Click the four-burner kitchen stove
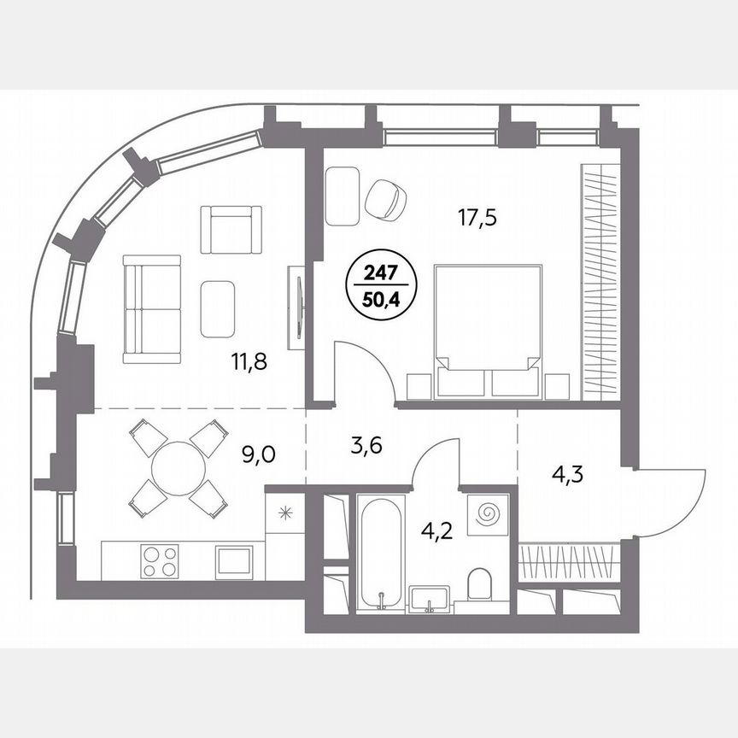(x=160, y=561)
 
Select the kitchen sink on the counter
(x=232, y=562)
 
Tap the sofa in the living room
(x=150, y=308)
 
